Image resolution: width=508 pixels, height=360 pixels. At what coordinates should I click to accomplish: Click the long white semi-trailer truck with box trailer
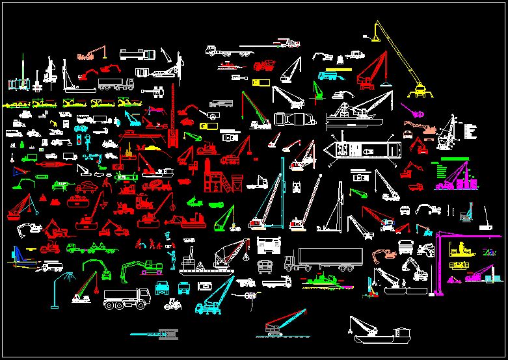(x=323, y=259)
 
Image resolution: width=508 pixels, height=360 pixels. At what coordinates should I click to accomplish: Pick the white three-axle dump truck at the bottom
(x=127, y=299)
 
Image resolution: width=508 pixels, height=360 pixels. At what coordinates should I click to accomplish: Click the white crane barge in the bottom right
(x=378, y=331)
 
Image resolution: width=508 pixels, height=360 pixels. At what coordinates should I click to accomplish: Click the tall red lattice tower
(x=173, y=117)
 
